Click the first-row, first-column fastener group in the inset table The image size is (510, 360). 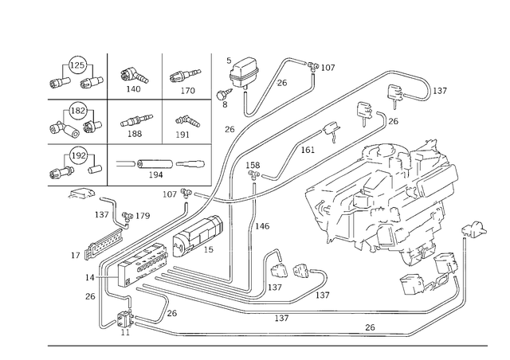pos(77,74)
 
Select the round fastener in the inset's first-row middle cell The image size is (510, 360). pos(133,76)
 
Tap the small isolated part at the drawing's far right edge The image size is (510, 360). pos(476,232)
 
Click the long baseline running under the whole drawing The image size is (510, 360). pos(271,346)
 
